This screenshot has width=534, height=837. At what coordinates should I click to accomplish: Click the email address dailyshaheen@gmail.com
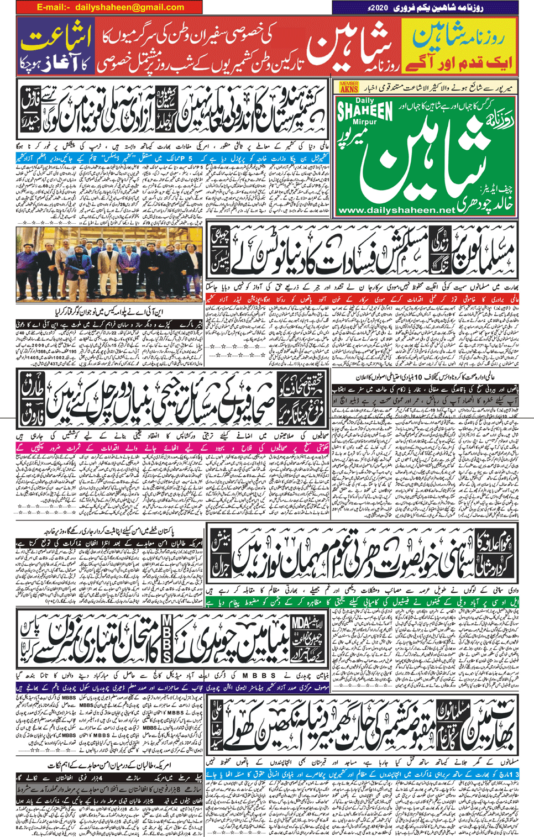click(x=129, y=7)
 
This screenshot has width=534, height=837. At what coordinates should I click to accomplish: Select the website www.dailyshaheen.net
click(x=396, y=210)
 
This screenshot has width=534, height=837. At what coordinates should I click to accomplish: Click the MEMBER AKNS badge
click(x=349, y=87)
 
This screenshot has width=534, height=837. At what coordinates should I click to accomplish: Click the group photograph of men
click(x=109, y=265)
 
